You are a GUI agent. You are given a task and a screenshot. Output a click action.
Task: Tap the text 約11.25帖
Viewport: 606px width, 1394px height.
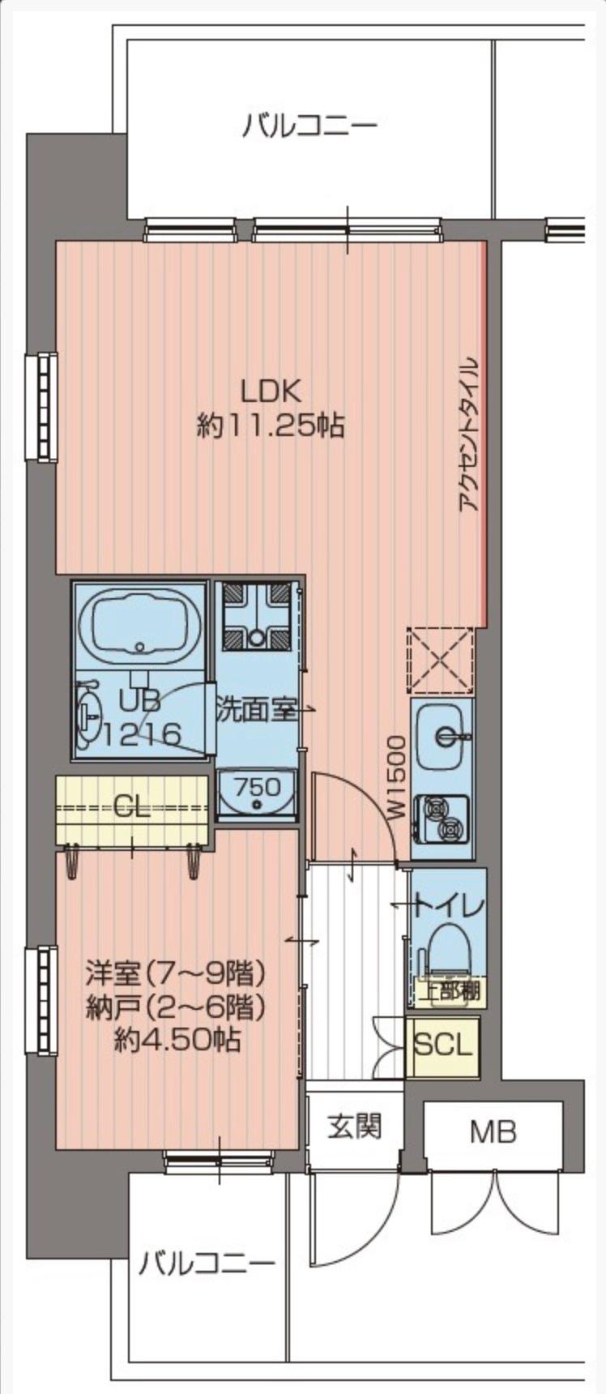click(x=271, y=425)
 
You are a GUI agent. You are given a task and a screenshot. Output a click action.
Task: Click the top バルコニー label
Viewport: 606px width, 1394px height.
click(x=310, y=126)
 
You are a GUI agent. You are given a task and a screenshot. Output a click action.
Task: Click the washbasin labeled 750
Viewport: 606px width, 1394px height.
click(x=258, y=795)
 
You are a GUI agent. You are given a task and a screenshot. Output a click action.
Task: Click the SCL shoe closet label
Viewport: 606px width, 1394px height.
click(x=442, y=1045)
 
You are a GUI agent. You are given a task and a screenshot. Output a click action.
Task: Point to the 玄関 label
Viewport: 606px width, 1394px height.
click(x=355, y=1127)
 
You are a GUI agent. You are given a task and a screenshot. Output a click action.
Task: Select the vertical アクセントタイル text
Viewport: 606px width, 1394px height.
click(x=469, y=434)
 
